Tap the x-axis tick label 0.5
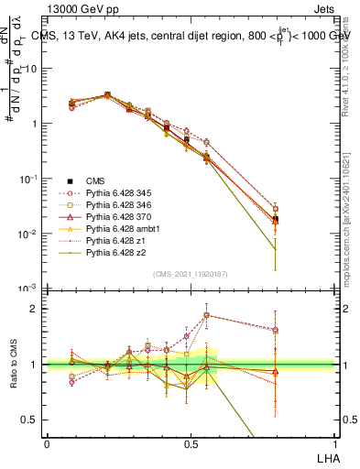click(x=190, y=443)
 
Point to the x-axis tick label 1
click(x=334, y=443)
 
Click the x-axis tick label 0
click(x=47, y=443)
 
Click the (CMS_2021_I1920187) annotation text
click(x=190, y=273)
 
